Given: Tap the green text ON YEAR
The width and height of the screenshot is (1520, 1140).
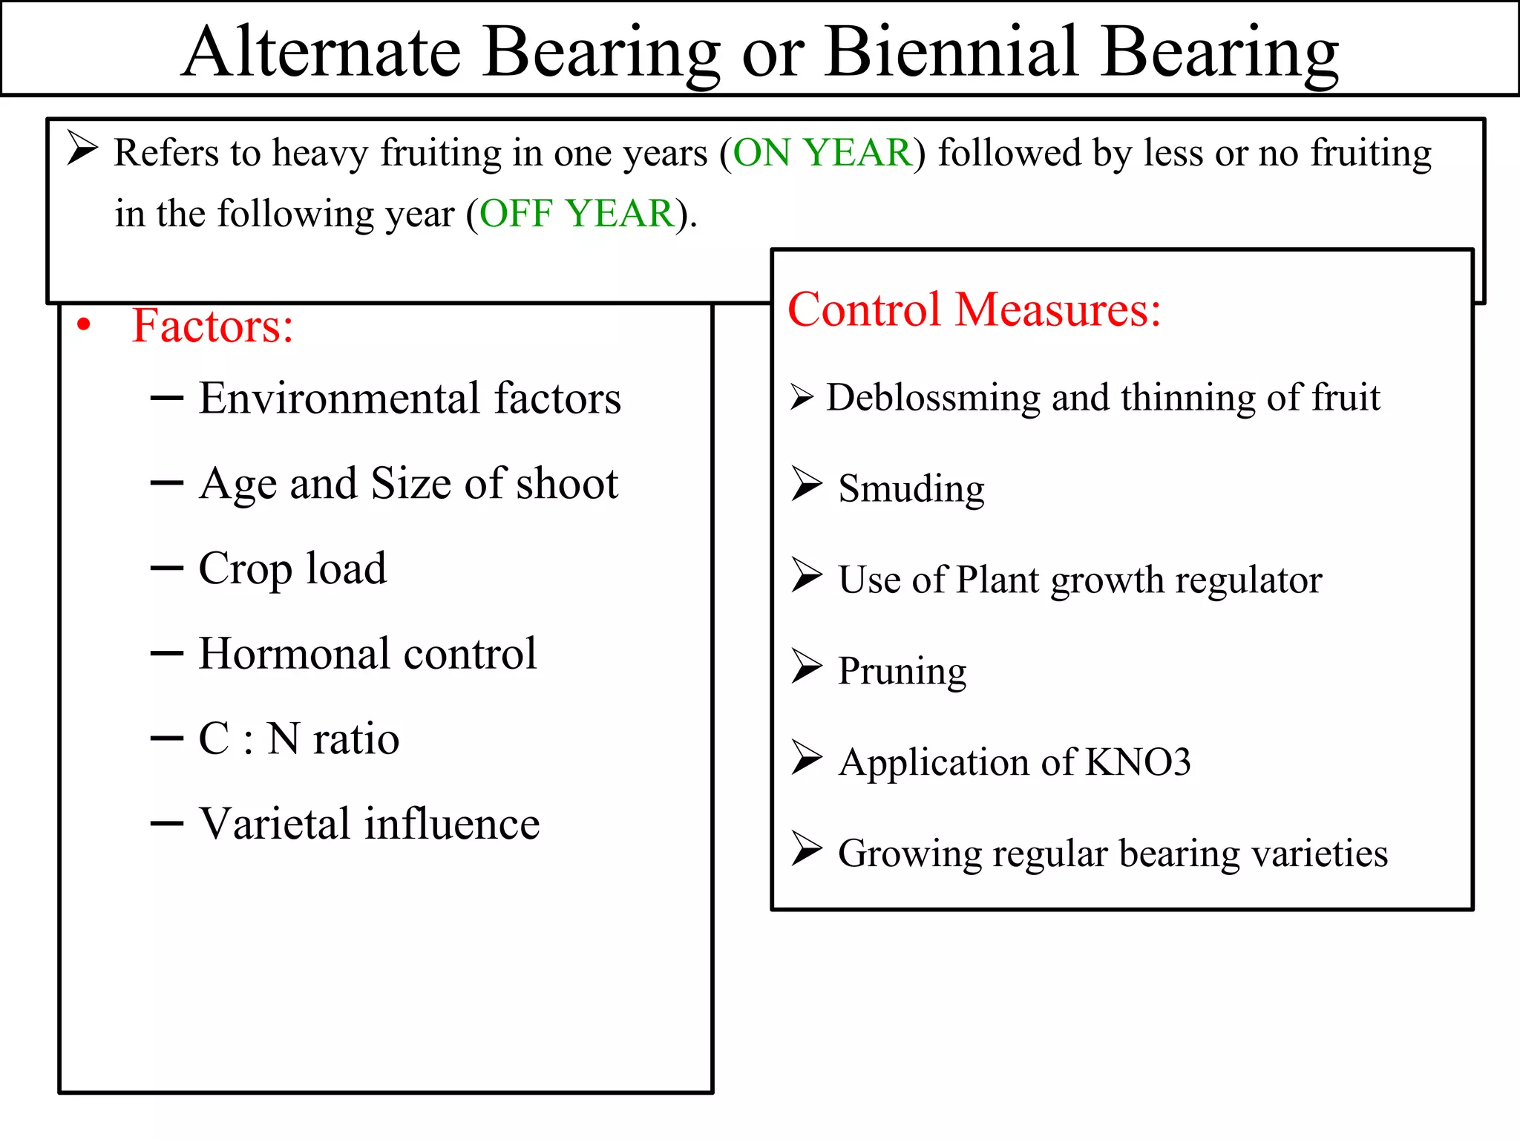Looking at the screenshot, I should click(822, 153).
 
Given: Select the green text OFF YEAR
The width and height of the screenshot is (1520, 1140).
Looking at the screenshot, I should click(576, 214).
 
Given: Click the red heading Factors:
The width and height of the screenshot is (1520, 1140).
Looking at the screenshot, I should click(212, 326).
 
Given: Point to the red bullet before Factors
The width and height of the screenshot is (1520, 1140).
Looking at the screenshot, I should click(84, 325).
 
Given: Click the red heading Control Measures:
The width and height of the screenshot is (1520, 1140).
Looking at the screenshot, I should click(973, 309).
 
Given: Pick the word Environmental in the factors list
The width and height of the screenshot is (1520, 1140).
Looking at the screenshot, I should click(339, 399).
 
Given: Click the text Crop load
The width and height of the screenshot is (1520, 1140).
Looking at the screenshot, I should click(292, 569).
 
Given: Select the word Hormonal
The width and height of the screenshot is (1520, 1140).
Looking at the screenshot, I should click(294, 654).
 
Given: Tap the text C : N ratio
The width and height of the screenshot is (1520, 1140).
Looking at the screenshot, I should click(298, 739).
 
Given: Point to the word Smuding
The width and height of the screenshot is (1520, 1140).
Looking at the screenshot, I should click(911, 488).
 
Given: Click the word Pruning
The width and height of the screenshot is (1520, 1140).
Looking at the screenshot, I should click(902, 672).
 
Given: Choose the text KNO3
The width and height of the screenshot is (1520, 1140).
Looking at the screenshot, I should click(1138, 762).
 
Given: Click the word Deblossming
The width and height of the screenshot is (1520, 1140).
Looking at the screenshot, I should click(933, 398).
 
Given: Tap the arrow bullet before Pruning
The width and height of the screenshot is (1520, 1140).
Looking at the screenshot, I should click(806, 666).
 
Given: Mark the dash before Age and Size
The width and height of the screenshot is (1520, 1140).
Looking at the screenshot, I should click(166, 484).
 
